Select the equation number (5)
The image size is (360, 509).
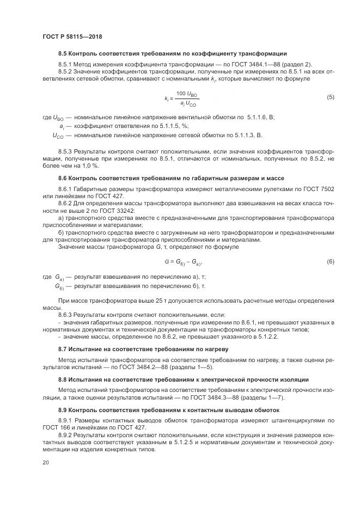click(330, 97)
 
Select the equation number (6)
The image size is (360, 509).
click(330, 262)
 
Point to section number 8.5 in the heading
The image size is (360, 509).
click(63, 54)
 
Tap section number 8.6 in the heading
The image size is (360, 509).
click(63, 178)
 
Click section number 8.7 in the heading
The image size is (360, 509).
click(63, 348)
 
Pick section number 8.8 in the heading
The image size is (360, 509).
click(63, 379)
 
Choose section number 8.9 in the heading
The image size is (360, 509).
click(63, 409)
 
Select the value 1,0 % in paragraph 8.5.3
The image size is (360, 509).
click(89, 165)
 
